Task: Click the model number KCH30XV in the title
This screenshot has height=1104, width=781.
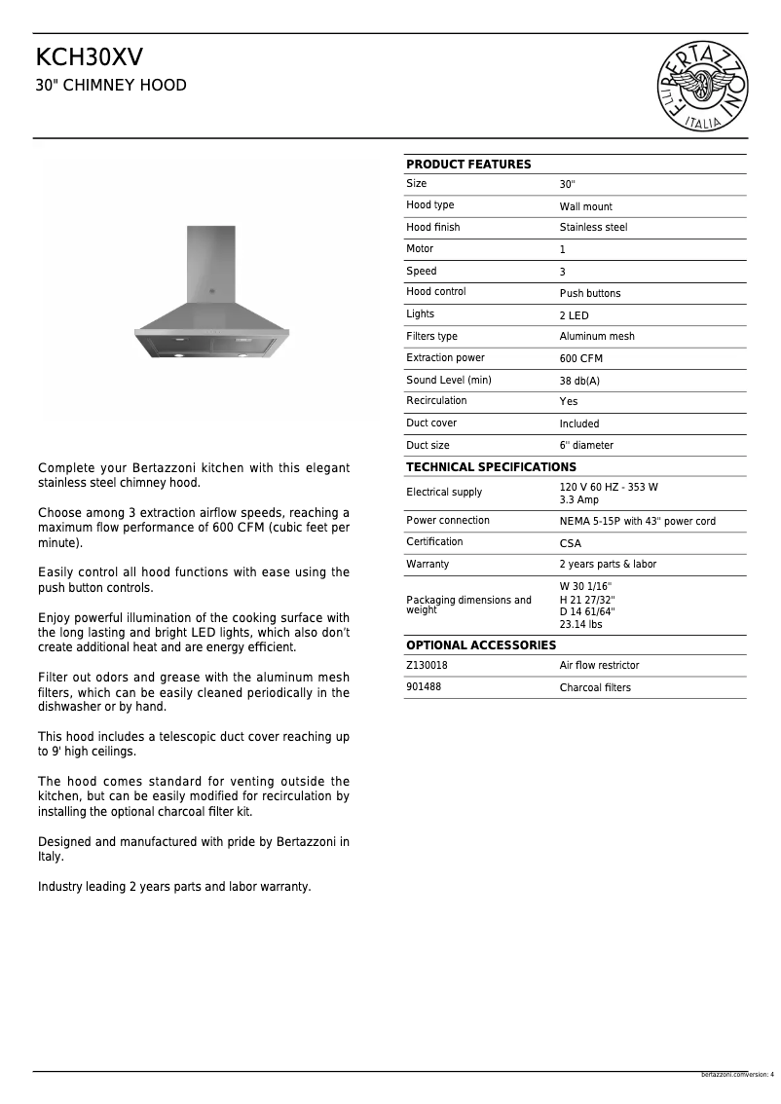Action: pyautogui.click(x=89, y=57)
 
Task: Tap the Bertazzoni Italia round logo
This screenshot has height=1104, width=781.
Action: pyautogui.click(x=704, y=87)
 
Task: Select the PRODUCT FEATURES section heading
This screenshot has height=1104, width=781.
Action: pyautogui.click(x=468, y=165)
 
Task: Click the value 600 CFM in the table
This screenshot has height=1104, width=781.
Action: pyautogui.click(x=580, y=358)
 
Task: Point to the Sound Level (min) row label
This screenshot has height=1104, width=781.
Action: pyautogui.click(x=448, y=380)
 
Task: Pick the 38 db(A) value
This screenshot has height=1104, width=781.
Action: pyautogui.click(x=579, y=381)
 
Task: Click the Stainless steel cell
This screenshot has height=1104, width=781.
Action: pyautogui.click(x=593, y=228)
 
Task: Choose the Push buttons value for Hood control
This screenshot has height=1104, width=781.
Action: pyautogui.click(x=589, y=293)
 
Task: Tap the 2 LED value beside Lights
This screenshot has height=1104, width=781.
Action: pyautogui.click(x=574, y=315)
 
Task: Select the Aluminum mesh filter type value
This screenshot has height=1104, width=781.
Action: pyautogui.click(x=596, y=337)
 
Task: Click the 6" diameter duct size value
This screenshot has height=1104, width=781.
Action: pyautogui.click(x=586, y=446)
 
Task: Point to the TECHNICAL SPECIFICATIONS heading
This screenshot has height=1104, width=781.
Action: pyautogui.click(x=491, y=467)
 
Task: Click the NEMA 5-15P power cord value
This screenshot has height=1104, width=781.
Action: pyautogui.click(x=637, y=521)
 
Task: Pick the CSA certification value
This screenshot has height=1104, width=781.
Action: pyautogui.click(x=570, y=543)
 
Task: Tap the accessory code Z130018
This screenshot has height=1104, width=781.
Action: pyautogui.click(x=427, y=665)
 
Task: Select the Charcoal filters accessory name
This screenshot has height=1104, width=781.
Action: pyautogui.click(x=595, y=687)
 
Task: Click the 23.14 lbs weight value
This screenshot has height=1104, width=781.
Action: pyautogui.click(x=580, y=625)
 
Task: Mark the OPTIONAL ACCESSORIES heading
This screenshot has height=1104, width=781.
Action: pyautogui.click(x=481, y=645)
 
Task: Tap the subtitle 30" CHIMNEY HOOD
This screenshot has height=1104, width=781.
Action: pyautogui.click(x=111, y=86)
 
